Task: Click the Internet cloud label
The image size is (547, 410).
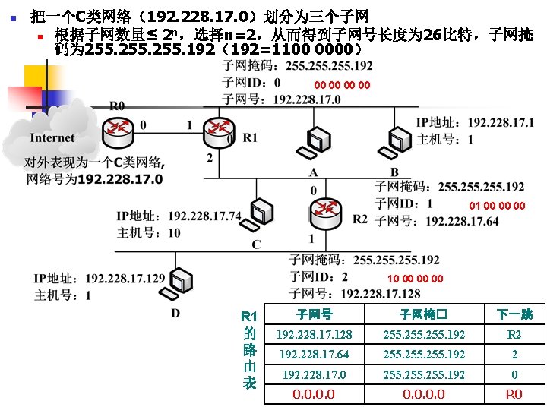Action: pos(52,138)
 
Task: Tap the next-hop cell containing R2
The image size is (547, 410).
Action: pos(514,335)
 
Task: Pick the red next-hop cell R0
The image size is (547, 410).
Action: pos(514,394)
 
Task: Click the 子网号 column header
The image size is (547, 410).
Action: pos(313,314)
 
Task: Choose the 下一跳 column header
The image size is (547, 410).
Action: pos(514,314)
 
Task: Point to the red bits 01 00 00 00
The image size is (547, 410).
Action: pos(497,206)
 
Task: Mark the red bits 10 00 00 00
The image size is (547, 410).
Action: pos(415,279)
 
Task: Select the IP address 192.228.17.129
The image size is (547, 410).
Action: pos(125,279)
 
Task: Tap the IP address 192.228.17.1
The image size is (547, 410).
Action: pos(501,123)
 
